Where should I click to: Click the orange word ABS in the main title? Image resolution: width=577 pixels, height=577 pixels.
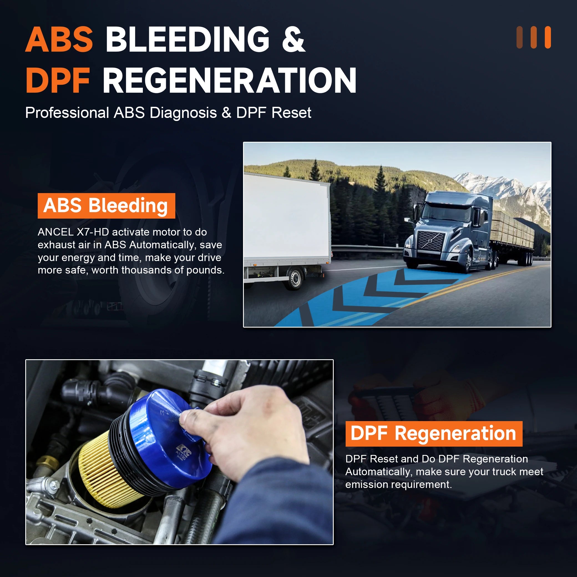(x=59, y=40)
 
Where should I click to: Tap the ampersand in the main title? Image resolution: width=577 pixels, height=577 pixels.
(x=293, y=40)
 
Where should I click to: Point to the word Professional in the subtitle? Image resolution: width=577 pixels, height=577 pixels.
(x=67, y=113)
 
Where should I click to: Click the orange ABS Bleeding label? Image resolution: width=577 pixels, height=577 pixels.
(x=106, y=206)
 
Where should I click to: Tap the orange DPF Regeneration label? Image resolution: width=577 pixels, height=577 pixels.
(x=434, y=434)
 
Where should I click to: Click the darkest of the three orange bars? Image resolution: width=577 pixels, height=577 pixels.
(x=519, y=37)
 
